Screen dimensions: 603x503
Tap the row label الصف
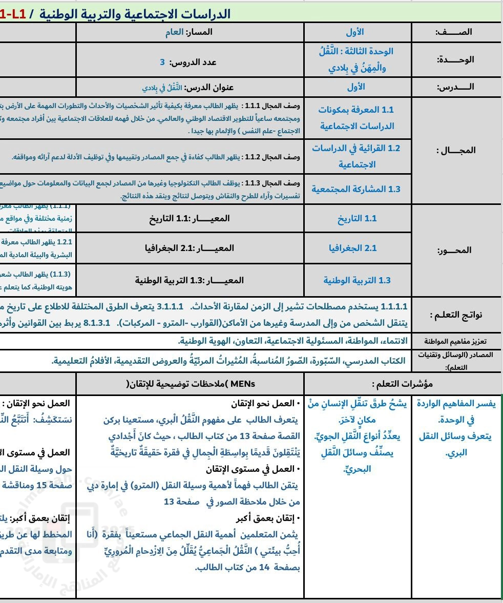pos(454,32)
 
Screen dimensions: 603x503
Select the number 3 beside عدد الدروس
pos(162,62)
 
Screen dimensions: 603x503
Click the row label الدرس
pos(455,87)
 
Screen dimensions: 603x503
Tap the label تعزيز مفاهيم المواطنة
pos(456,341)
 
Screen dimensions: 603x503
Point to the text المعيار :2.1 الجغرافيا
pos(190,248)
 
